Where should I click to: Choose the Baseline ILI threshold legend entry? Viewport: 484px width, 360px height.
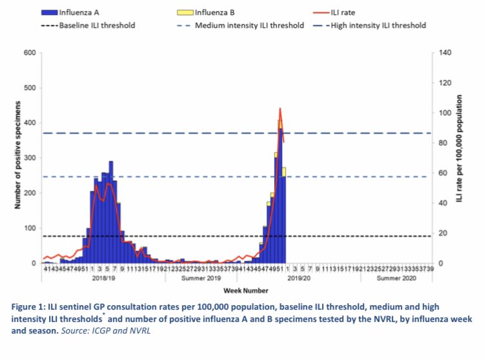[x=96, y=26]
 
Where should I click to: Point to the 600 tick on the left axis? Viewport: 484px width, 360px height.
[x=30, y=53]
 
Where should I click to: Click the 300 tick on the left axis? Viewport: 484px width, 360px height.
[x=30, y=158]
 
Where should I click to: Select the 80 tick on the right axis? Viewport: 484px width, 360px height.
[x=444, y=143]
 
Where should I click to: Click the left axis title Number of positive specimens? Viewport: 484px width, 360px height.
[x=17, y=158]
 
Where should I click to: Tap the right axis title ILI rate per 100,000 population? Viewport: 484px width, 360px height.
[x=460, y=158]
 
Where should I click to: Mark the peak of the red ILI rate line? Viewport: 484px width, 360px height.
[x=280, y=108]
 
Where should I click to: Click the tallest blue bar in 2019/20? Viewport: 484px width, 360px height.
[x=281, y=194]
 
